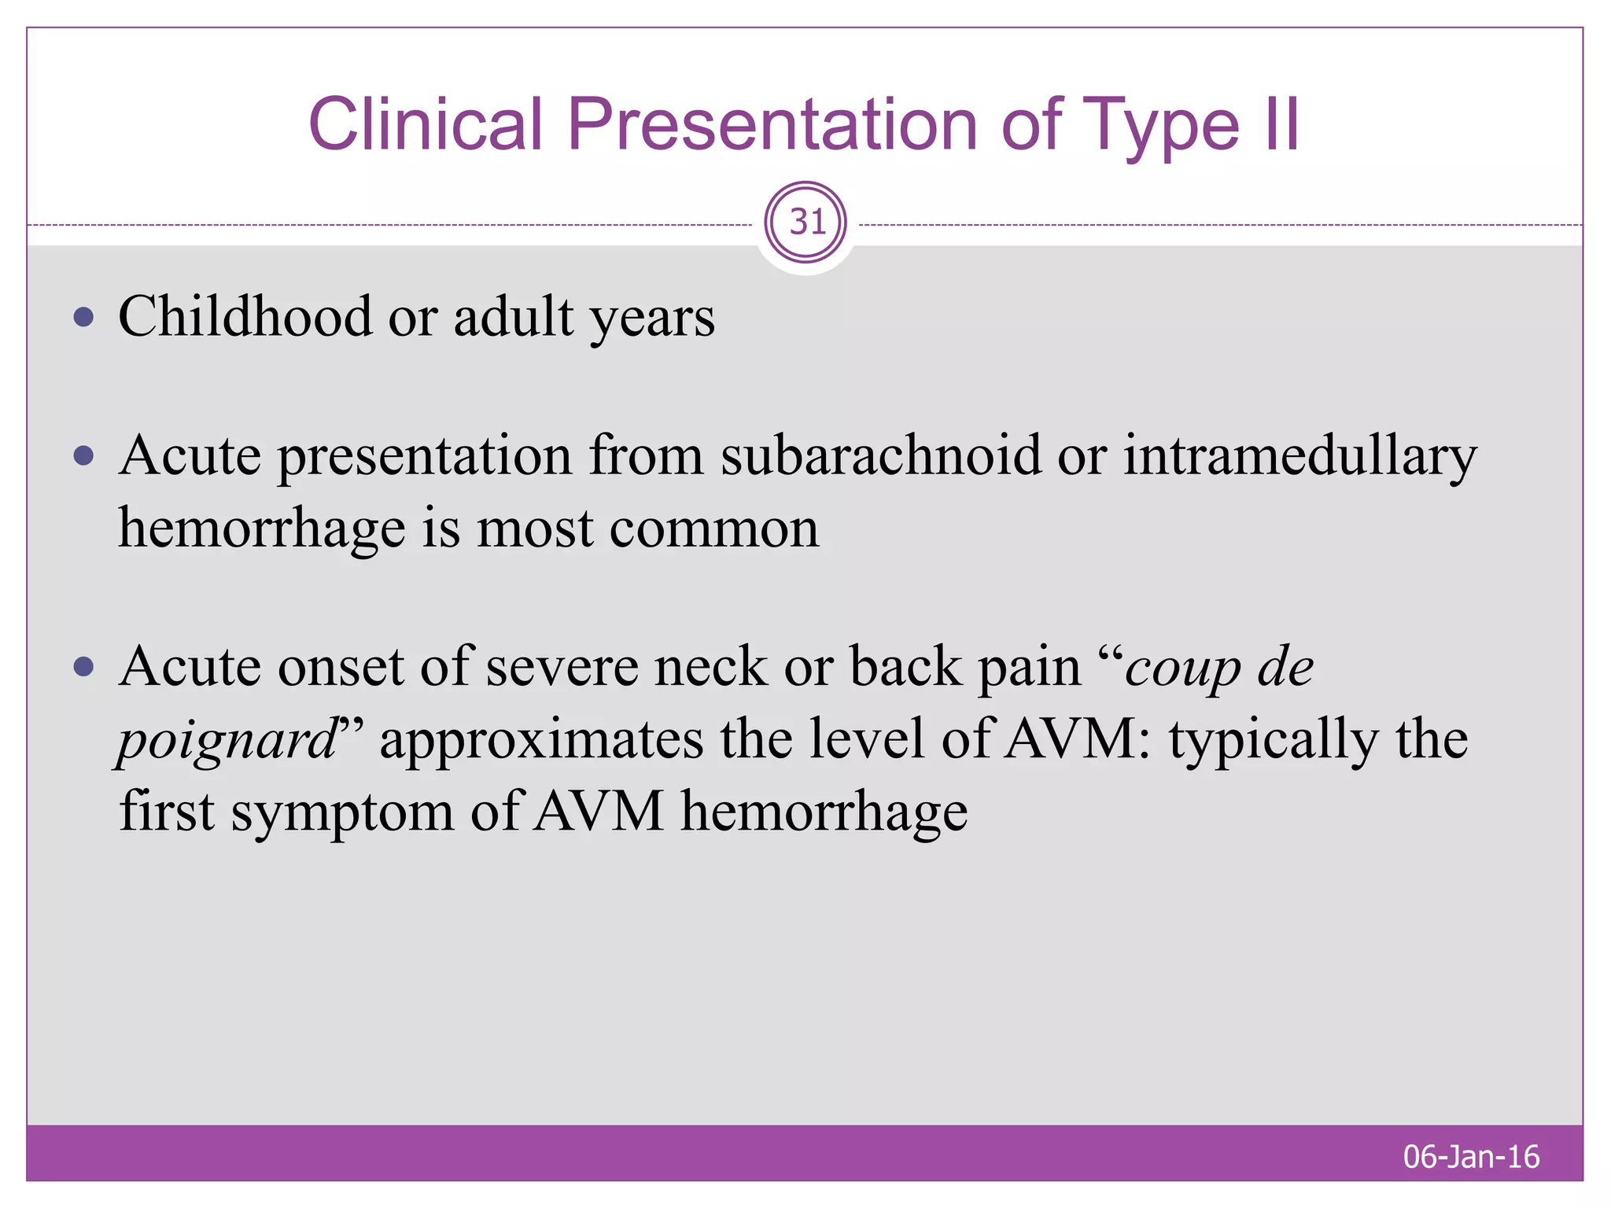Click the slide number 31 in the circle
tap(806, 223)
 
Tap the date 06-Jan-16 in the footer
tap(1471, 1157)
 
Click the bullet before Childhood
tap(83, 317)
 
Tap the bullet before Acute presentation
tap(83, 455)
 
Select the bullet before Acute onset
tap(83, 667)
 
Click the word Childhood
tap(245, 317)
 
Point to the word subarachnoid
tap(880, 455)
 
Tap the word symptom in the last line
tap(341, 812)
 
